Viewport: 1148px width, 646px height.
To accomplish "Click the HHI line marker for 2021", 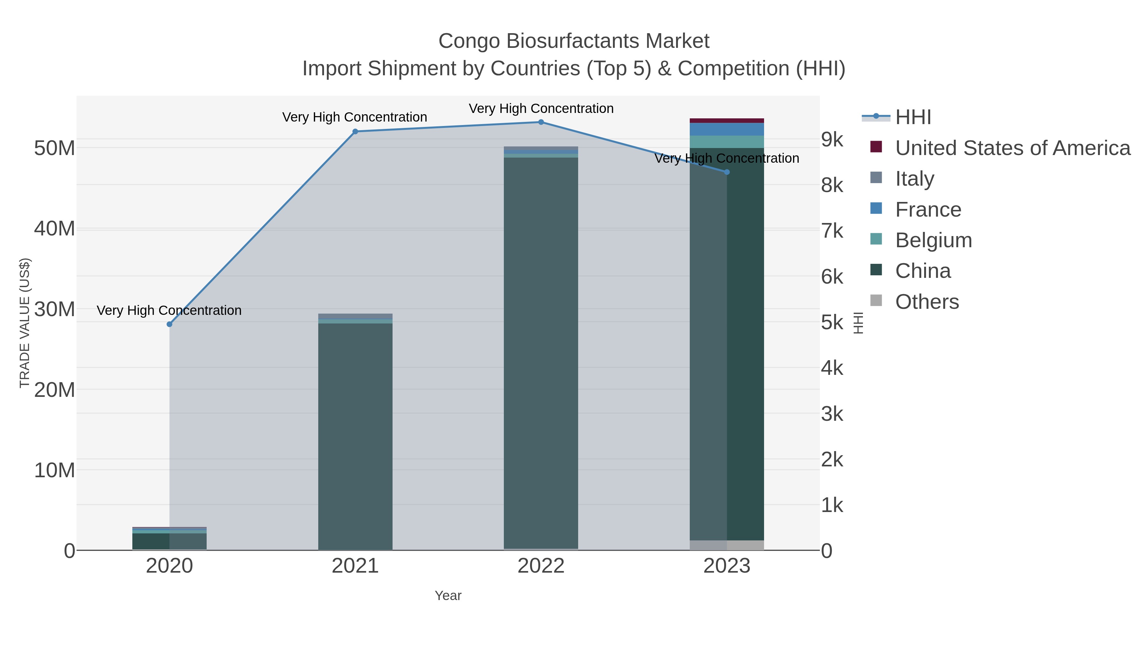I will [355, 131].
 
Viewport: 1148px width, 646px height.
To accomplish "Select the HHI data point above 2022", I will [541, 122].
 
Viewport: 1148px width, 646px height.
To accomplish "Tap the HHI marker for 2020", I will [169, 324].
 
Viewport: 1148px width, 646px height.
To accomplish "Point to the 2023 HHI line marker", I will [727, 172].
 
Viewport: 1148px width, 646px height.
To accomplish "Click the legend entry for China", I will [923, 271].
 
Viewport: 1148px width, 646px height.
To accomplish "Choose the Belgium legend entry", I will [933, 240].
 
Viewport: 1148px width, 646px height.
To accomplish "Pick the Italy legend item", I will [915, 179].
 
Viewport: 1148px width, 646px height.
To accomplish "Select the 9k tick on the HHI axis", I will [832, 139].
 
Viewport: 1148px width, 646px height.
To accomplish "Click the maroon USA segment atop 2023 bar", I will [727, 120].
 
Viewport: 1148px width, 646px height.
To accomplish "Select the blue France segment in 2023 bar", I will [727, 129].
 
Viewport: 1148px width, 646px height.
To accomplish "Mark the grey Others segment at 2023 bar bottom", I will [727, 545].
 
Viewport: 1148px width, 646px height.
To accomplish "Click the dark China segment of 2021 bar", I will [355, 437].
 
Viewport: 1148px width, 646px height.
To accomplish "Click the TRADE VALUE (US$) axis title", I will [25, 323].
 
